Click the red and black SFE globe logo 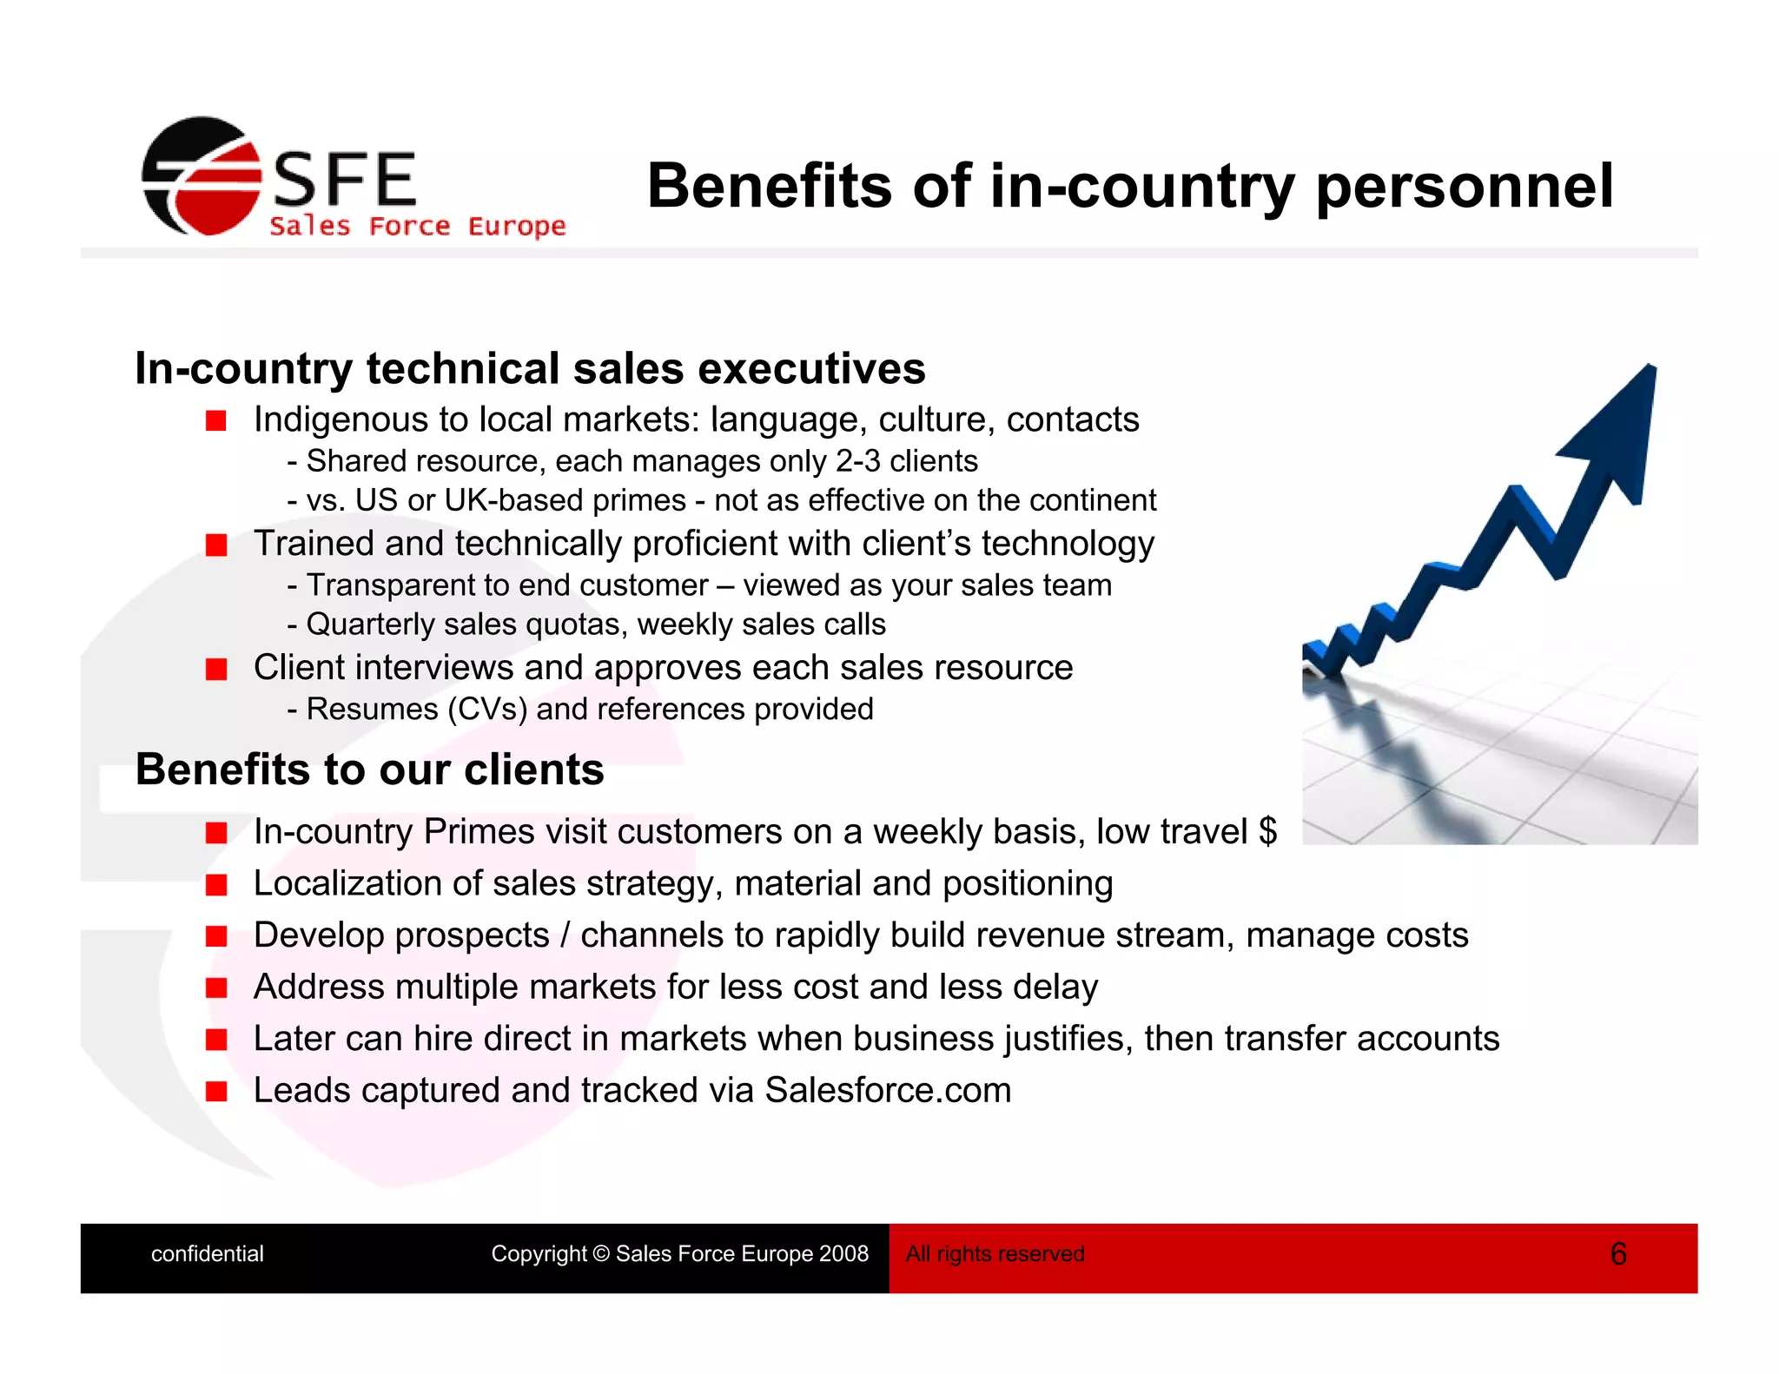click(x=202, y=177)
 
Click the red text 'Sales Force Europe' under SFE click(x=417, y=227)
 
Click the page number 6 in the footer click(x=1617, y=1254)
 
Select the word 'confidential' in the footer click(x=207, y=1254)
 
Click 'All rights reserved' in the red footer click(x=995, y=1254)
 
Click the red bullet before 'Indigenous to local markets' click(x=216, y=422)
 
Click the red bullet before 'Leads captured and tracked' click(x=216, y=1092)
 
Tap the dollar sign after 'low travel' click(x=1267, y=832)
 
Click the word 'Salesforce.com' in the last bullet click(x=888, y=1091)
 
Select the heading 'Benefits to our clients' click(x=369, y=770)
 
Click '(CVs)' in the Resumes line click(x=487, y=710)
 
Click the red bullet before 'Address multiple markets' click(x=216, y=988)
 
